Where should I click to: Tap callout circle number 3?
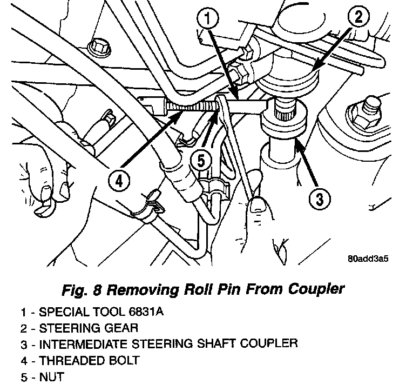point(319,198)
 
